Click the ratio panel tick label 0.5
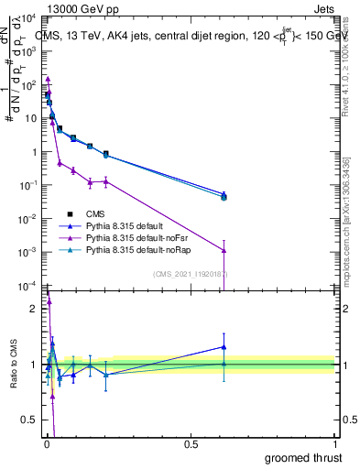pos(28,421)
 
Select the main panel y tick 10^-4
pos(27,286)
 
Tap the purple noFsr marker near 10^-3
pos(224,250)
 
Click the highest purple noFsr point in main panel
pos(48,80)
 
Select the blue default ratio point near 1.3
pos(224,346)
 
